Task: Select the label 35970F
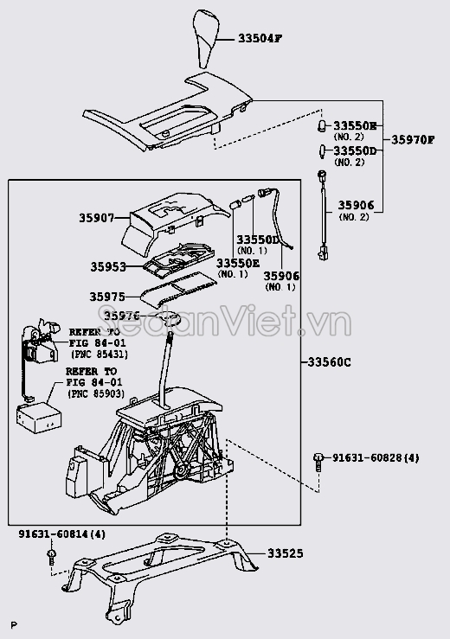(x=414, y=139)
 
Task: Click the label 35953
(x=108, y=267)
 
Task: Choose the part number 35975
(x=108, y=296)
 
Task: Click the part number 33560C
(x=330, y=362)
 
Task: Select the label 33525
(x=285, y=554)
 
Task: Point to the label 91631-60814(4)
(x=62, y=535)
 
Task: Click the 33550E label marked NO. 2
(x=355, y=126)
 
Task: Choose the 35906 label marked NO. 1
(x=281, y=276)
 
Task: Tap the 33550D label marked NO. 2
(x=355, y=151)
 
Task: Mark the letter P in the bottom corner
(x=13, y=625)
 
